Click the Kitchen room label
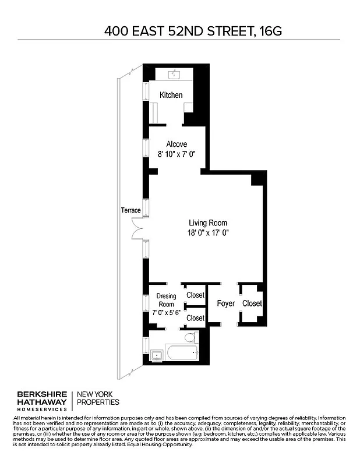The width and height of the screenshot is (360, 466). pos(171,95)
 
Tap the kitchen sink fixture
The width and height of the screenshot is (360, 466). pos(175,75)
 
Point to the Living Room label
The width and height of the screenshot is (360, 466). pos(208,223)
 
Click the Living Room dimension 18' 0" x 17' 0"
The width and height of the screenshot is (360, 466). pos(208,233)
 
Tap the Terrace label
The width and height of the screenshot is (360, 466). pos(130,210)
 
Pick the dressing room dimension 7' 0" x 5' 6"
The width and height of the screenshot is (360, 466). pos(166,313)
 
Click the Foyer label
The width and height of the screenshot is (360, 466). pos(225,303)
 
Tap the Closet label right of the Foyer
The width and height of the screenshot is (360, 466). pos(252,303)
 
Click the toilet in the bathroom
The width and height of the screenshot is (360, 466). pos(189,338)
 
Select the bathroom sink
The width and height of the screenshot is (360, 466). pos(156,354)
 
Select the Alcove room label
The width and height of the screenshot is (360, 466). pos(177,144)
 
